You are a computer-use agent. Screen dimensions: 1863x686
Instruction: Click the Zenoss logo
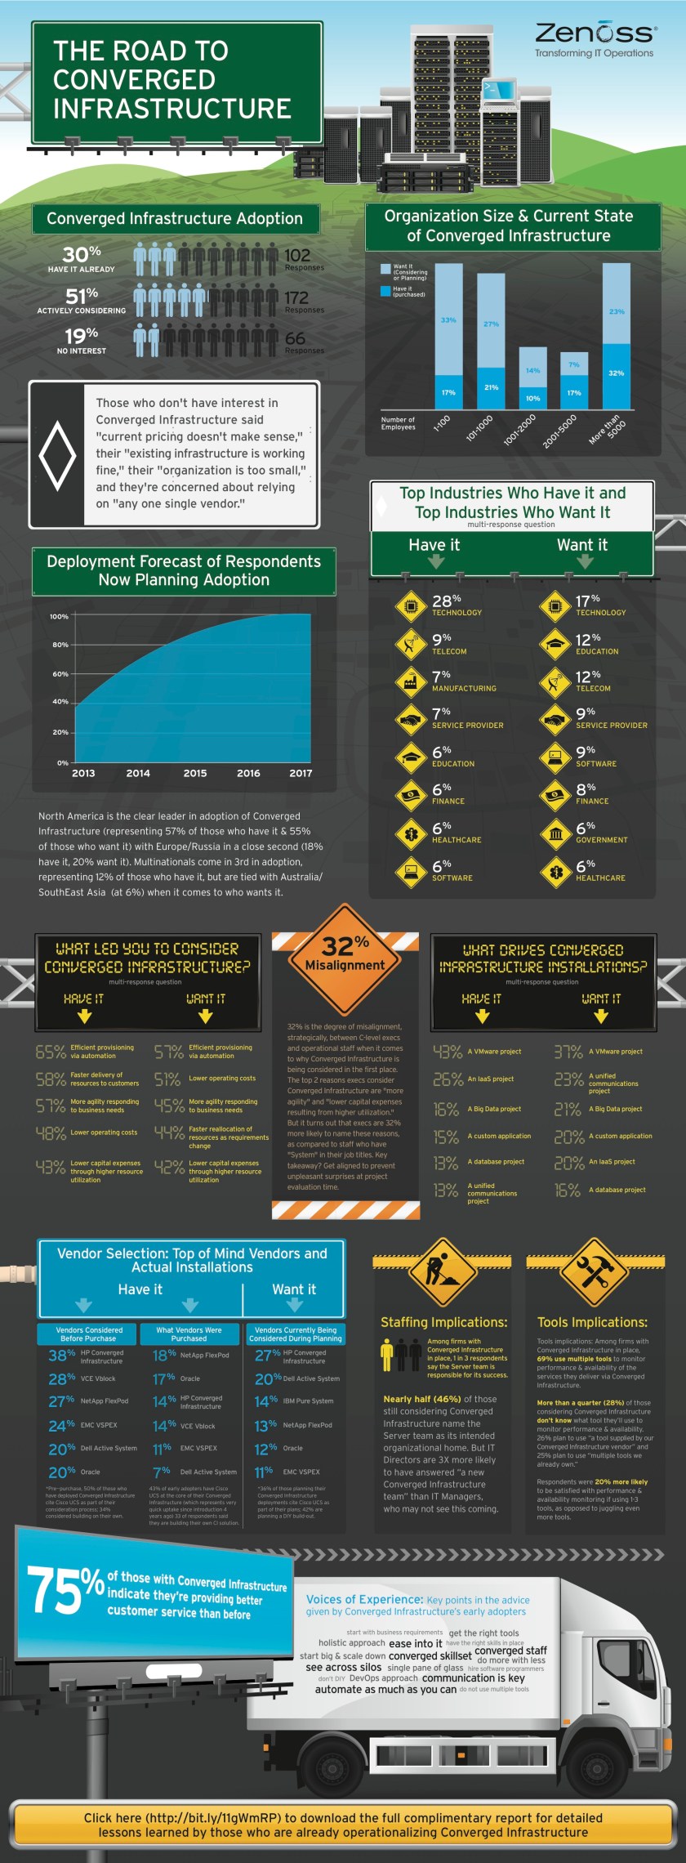tap(595, 34)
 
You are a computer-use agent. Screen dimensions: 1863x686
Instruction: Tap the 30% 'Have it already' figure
tap(82, 254)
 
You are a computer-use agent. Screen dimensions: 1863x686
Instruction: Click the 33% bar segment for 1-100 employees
tap(448, 319)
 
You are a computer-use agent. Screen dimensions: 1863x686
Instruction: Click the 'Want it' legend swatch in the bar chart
tap(385, 268)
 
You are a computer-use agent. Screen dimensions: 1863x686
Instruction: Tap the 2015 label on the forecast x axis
tap(194, 773)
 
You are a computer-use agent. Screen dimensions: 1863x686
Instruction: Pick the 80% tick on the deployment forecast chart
tap(60, 645)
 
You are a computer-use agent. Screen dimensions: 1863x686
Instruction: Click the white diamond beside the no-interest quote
tap(57, 455)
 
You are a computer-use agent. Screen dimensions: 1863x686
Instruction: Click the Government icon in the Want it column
tap(556, 833)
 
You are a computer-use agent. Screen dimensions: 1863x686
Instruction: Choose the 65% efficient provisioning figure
tap(51, 1052)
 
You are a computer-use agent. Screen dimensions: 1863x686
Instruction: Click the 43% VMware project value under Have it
tap(448, 1052)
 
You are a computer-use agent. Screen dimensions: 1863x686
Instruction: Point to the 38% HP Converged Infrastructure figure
tap(61, 1356)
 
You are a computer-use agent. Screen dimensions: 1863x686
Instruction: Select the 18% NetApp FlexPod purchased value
tap(164, 1356)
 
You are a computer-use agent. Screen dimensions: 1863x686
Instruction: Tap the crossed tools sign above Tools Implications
tap(593, 1271)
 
